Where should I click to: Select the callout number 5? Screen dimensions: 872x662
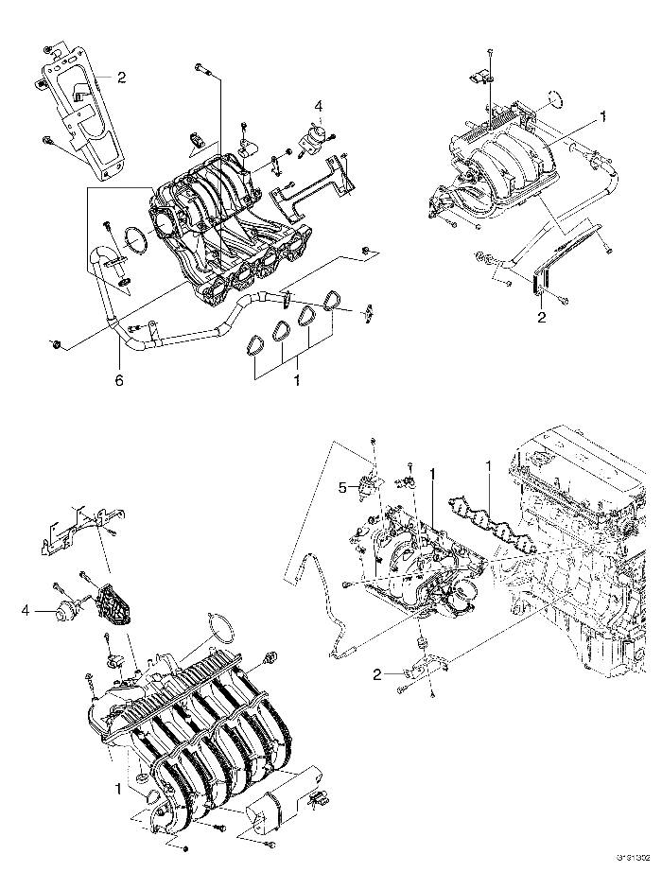click(343, 488)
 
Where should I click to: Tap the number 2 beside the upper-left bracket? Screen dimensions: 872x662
click(121, 76)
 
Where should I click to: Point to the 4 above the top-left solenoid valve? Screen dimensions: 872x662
click(319, 106)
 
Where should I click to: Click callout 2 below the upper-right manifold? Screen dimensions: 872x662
click(542, 317)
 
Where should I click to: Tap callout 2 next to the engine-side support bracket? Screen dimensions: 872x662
click(376, 674)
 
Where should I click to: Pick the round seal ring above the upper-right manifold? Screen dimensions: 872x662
click(556, 97)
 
